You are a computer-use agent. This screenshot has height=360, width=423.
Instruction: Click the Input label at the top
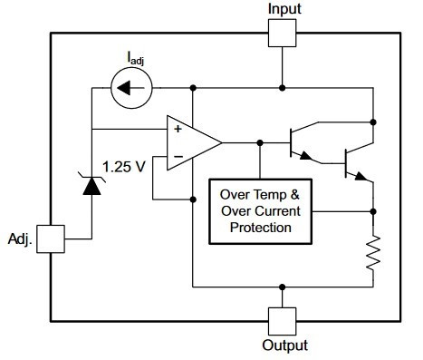[x=284, y=9]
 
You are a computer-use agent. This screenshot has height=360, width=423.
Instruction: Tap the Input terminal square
[x=284, y=34]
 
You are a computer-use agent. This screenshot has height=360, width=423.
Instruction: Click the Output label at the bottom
[x=284, y=345]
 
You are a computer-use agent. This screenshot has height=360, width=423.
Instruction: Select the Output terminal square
[x=284, y=319]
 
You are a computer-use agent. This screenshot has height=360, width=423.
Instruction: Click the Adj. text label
[x=23, y=239]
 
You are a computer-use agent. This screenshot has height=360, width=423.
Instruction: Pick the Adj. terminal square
[x=52, y=239]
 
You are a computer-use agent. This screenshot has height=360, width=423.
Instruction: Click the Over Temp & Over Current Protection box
[x=260, y=209]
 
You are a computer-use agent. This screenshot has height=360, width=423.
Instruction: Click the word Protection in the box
[x=260, y=227]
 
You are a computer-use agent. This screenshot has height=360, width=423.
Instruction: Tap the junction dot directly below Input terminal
[x=284, y=88]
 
